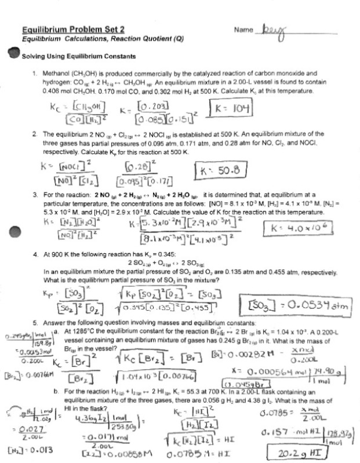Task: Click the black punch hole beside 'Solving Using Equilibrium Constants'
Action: pos(12,55)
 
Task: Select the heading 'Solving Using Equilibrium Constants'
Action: pos(78,57)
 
